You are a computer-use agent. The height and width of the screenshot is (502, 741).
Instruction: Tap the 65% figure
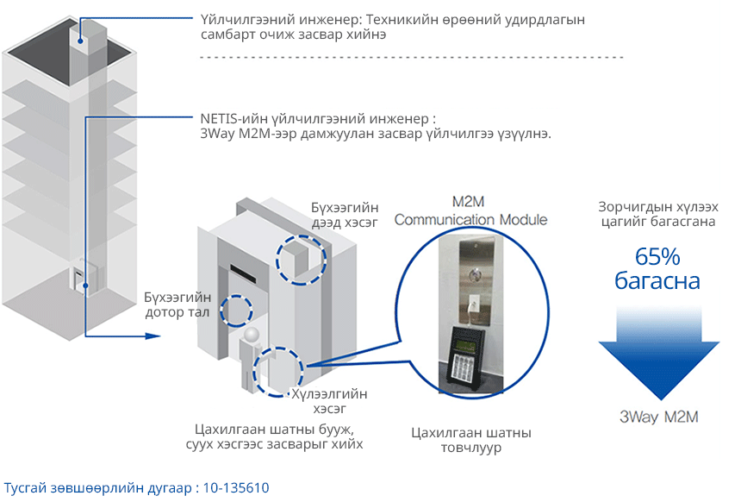pyautogui.click(x=658, y=256)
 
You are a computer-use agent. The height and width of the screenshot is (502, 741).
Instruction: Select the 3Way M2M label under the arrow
pyautogui.click(x=658, y=417)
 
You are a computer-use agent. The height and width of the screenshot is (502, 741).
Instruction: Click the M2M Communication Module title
pyautogui.click(x=470, y=210)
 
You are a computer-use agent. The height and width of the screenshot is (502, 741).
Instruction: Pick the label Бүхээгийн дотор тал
pyautogui.click(x=177, y=304)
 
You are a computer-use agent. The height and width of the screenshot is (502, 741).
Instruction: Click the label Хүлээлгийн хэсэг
pyautogui.click(x=329, y=401)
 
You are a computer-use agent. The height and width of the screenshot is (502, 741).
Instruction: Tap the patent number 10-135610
pyautogui.click(x=237, y=488)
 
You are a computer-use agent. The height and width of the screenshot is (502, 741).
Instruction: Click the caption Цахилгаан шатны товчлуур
pyautogui.click(x=470, y=440)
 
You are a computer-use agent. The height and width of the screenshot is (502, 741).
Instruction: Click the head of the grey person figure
pyautogui.click(x=252, y=334)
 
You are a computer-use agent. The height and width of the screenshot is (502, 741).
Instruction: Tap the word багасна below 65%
pyautogui.click(x=658, y=281)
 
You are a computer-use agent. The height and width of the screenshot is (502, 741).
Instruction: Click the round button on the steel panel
pyautogui.click(x=473, y=268)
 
